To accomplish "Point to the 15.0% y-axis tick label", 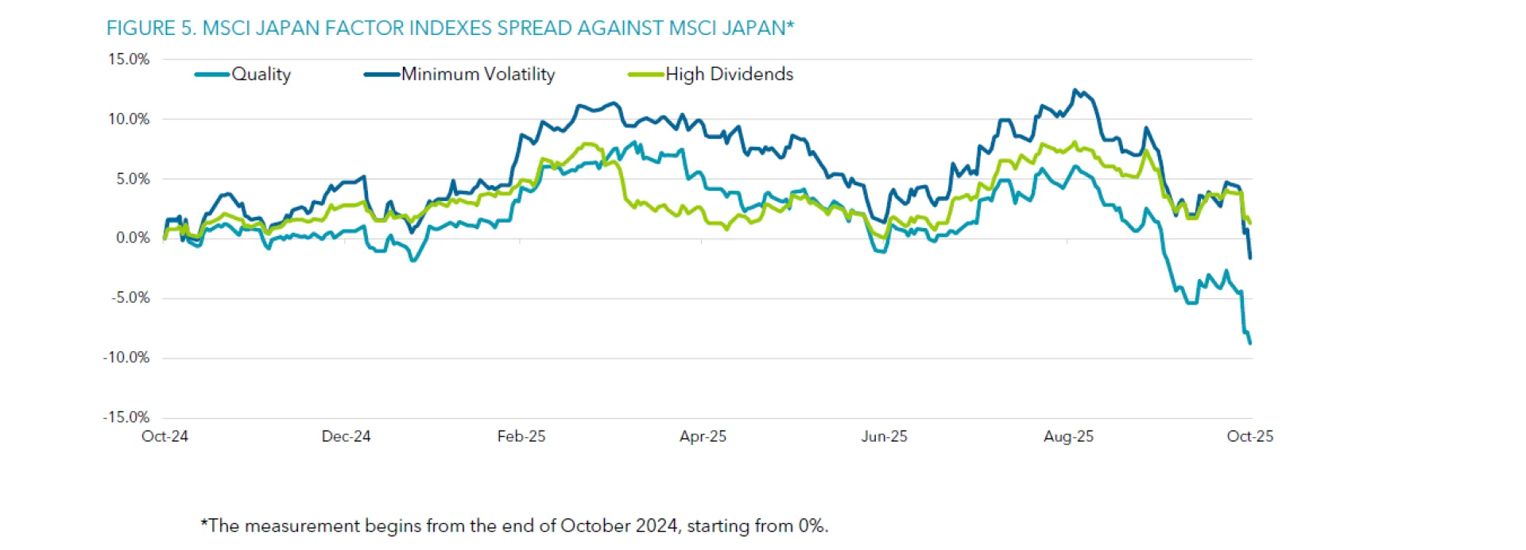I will pos(129,60).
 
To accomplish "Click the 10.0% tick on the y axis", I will pos(129,119).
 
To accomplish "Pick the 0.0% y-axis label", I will pos(133,238).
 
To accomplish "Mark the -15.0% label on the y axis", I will pos(126,417).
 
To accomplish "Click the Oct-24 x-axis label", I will pos(165,436).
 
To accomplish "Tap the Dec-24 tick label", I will pos(346,436).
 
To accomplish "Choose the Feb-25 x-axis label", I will pos(521,436).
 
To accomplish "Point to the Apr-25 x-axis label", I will pos(703,436).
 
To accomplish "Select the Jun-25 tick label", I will pos(884,436).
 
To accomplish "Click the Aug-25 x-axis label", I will pos(1068,436).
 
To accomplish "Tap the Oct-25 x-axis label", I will pos(1249,436).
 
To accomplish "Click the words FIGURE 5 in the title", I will pos(151,29).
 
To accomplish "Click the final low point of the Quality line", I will pos(1250,343).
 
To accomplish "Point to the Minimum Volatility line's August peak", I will pos(1075,90).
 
